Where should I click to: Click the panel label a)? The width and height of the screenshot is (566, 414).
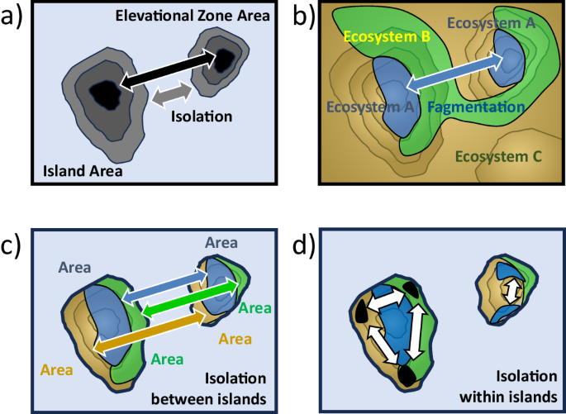[13, 17]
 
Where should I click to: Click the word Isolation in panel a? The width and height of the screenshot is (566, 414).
[202, 117]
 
